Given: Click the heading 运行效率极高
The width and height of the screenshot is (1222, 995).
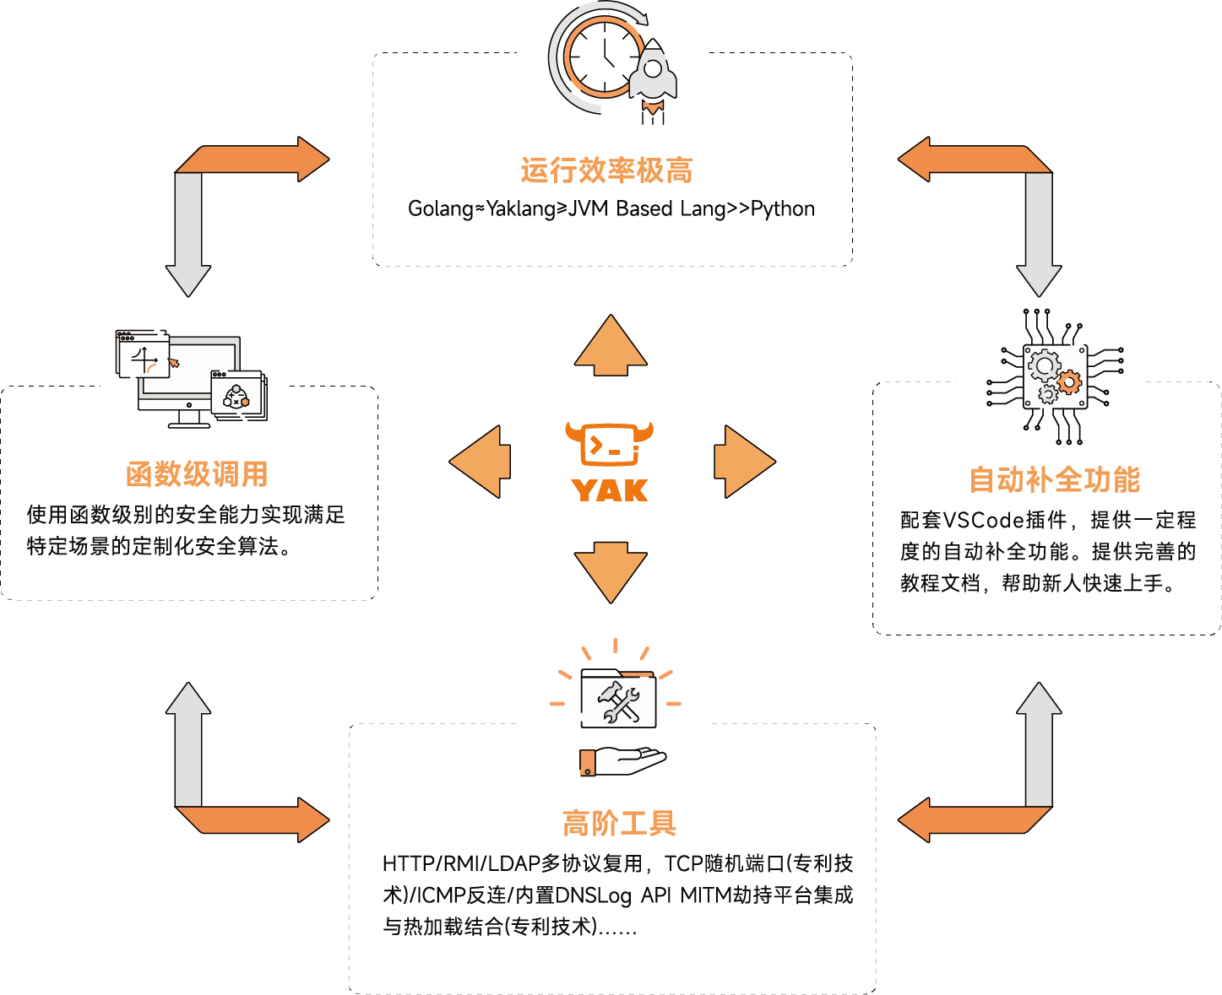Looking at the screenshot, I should (606, 170).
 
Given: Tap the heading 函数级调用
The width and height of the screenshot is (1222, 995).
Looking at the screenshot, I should (197, 474).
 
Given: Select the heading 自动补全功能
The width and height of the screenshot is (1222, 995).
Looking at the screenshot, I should (1054, 479).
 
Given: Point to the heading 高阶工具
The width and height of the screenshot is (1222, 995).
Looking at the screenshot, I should (619, 824).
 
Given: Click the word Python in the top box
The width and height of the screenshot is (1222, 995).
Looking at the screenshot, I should (783, 208).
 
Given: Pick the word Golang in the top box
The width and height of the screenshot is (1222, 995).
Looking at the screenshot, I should (440, 208).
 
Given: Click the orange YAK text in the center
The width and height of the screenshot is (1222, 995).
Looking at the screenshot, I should (610, 490).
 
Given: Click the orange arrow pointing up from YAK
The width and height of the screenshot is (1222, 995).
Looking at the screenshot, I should (611, 345).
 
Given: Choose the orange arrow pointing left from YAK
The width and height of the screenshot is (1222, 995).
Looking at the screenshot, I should (481, 462).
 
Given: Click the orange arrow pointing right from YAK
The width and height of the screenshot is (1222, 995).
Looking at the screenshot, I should (743, 462).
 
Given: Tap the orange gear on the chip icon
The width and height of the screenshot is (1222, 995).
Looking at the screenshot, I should (1069, 382).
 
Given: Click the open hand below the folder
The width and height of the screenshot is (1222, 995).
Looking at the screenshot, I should (623, 760).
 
